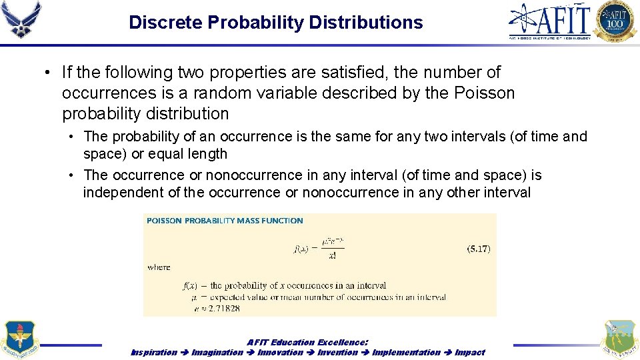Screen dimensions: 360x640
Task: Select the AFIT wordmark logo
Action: tap(550, 21)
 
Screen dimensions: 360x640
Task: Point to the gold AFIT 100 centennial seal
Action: tap(615, 21)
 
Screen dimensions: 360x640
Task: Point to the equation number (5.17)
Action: tap(478, 249)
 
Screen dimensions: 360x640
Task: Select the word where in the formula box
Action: tap(159, 267)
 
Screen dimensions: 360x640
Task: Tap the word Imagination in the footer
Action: tap(217, 352)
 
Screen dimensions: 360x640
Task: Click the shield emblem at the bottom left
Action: tap(20, 340)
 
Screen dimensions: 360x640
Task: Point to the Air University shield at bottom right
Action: tap(619, 340)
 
